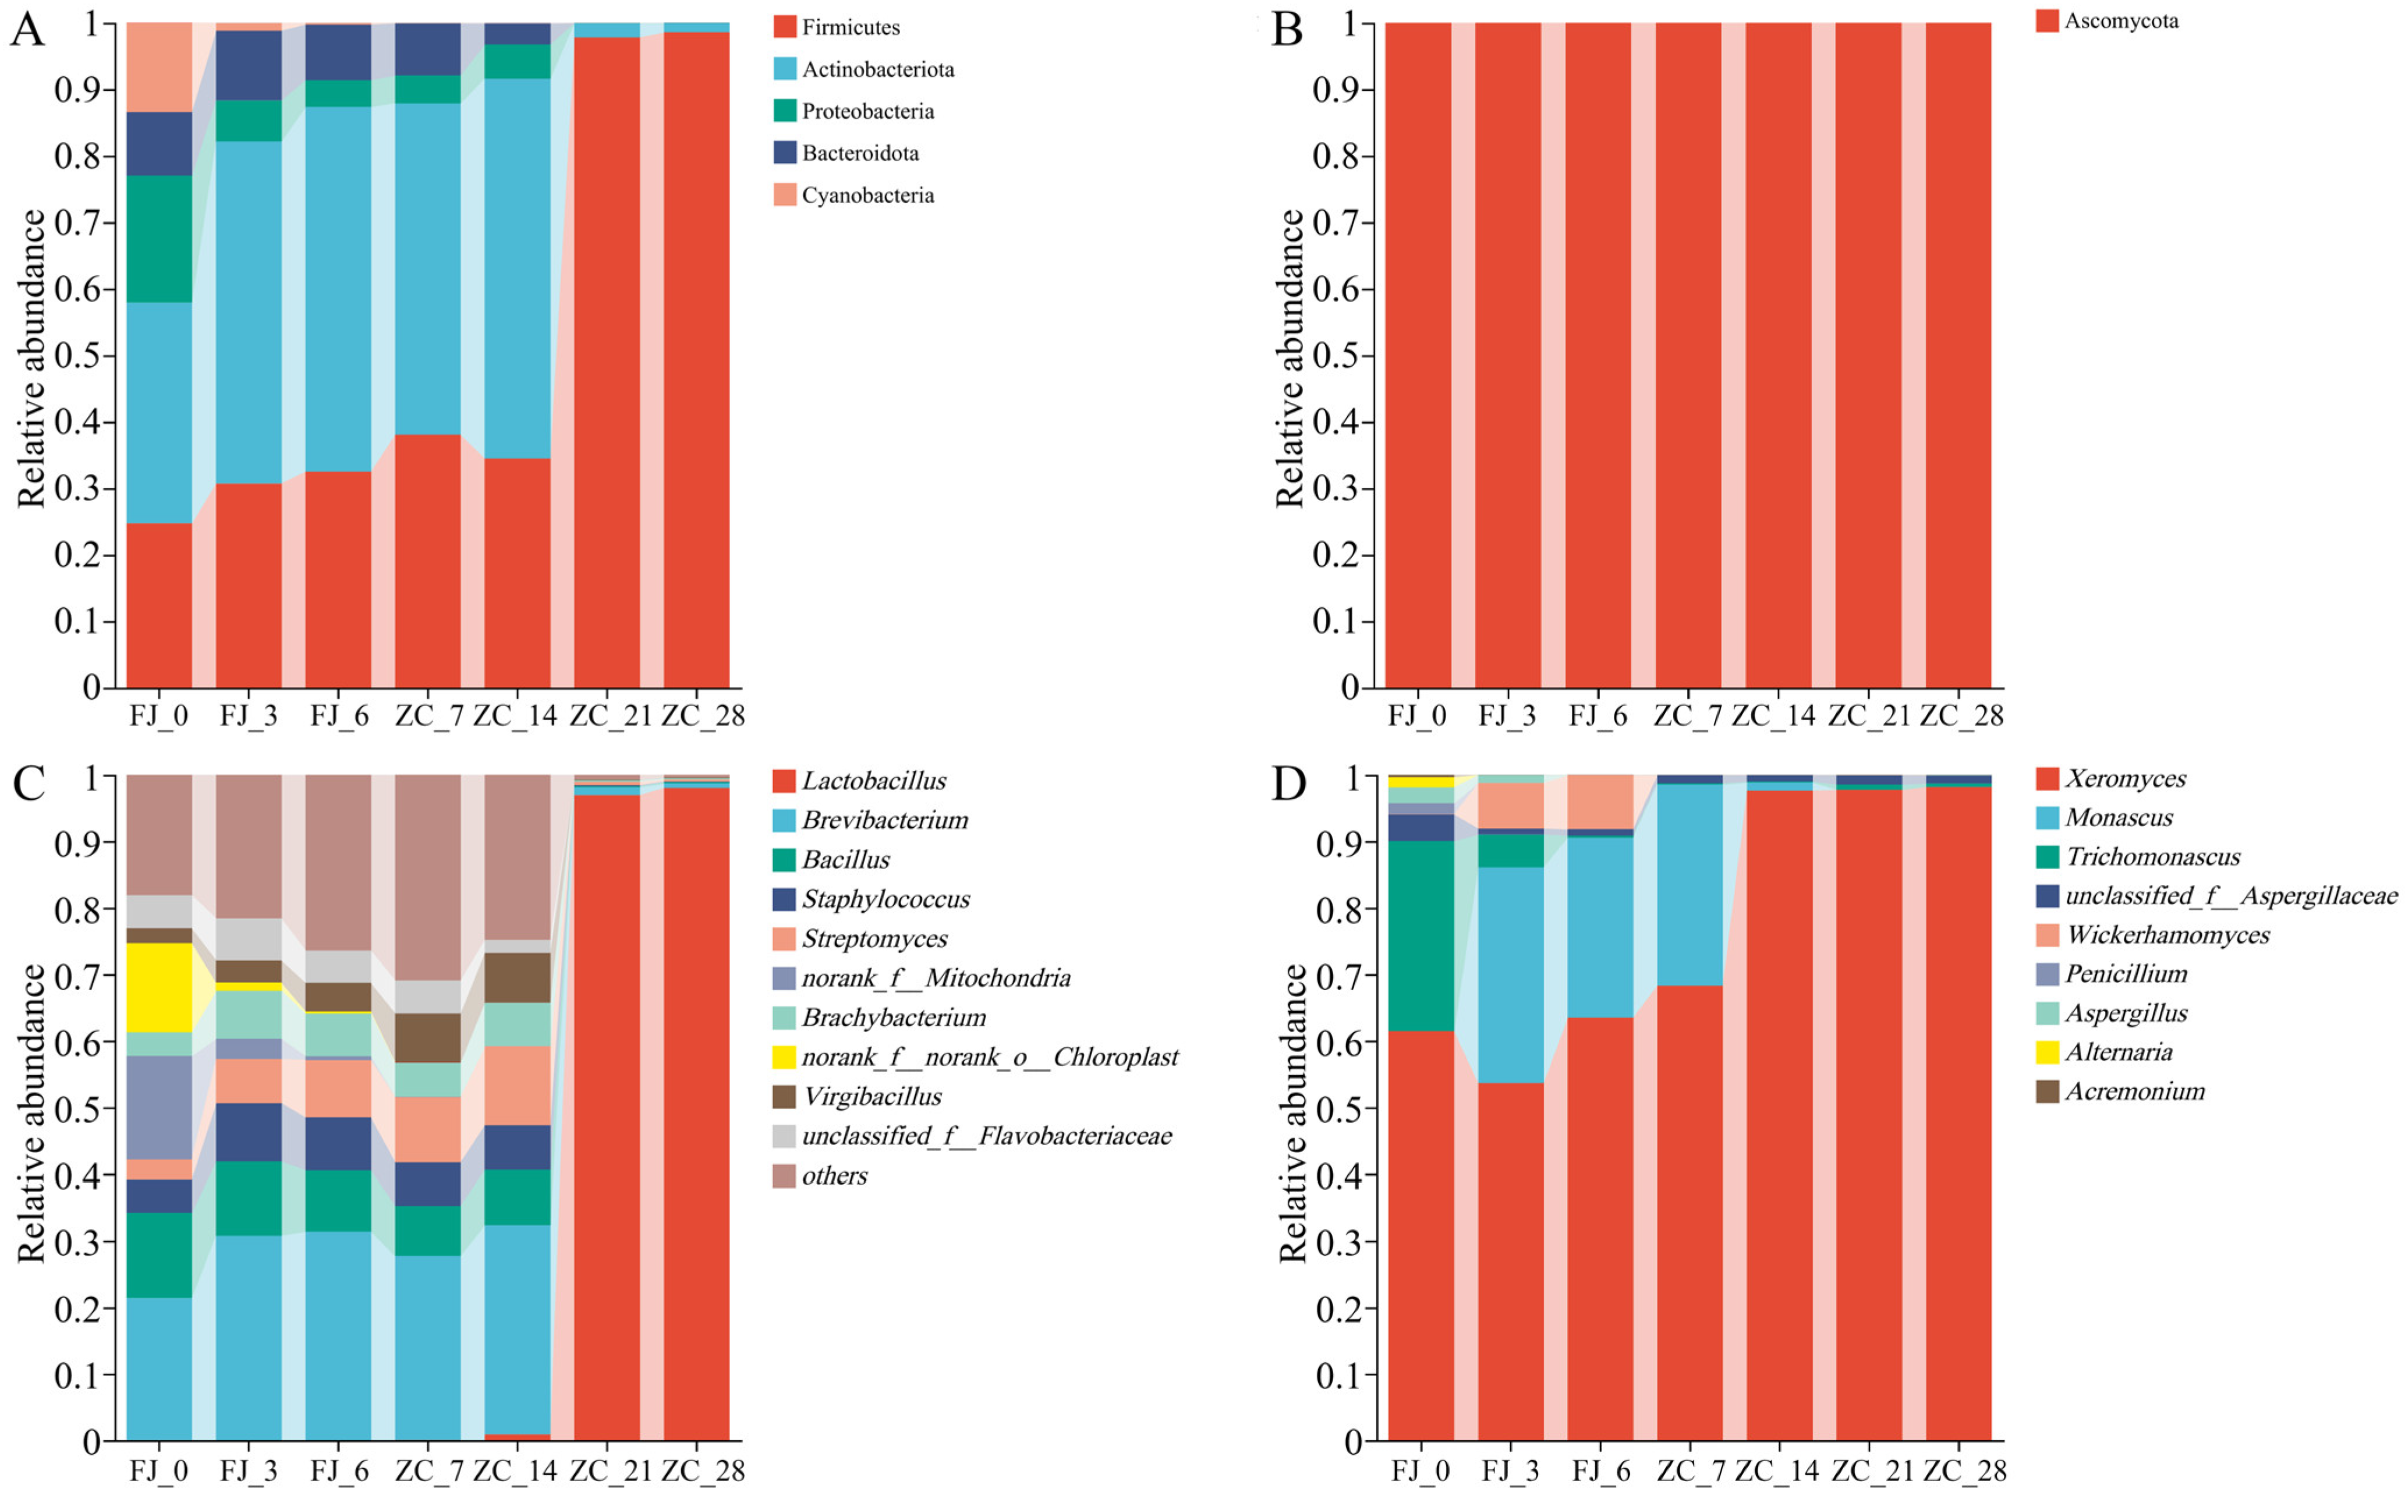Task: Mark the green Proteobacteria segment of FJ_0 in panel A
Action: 160,239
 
